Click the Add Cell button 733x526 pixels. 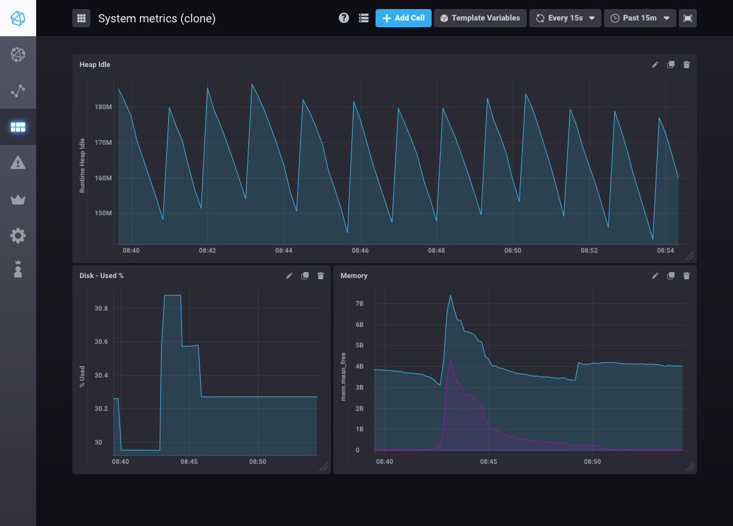coord(403,18)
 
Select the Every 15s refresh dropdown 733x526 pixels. coord(565,18)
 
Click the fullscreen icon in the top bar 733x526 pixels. coord(687,18)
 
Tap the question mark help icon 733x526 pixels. coord(344,18)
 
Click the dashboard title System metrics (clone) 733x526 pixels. coord(157,19)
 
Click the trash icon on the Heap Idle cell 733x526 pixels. coord(686,65)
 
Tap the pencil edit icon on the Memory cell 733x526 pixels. coord(655,276)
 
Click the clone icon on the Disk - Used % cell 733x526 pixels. coord(305,276)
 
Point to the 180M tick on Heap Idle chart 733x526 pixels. coord(103,107)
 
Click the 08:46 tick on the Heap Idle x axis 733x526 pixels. coord(360,250)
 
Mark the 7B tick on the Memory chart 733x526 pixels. coord(359,303)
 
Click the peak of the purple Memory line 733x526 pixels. coord(451,360)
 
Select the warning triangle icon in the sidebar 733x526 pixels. coord(18,162)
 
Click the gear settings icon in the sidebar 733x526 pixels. coord(18,235)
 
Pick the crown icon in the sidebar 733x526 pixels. coord(18,200)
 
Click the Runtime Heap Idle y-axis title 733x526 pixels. coord(83,166)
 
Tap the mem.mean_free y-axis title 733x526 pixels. coord(344,377)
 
